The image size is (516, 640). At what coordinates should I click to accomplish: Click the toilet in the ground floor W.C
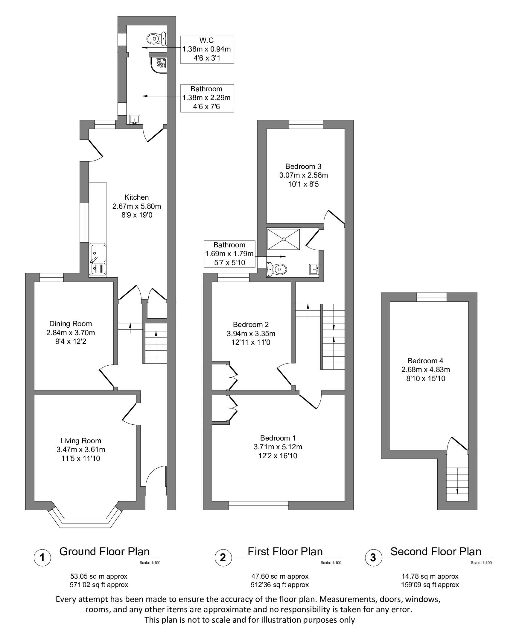(156, 39)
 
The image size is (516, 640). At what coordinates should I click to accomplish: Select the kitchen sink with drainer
(98, 259)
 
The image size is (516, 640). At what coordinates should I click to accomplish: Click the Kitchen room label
(136, 197)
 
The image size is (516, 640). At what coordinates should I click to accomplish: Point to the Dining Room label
(71, 324)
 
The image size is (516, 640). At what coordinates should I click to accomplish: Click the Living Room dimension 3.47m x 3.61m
(81, 450)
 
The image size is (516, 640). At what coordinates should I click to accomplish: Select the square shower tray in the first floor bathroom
(284, 239)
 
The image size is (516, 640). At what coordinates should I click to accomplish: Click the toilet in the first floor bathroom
(277, 269)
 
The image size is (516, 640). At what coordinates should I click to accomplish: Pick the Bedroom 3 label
(303, 167)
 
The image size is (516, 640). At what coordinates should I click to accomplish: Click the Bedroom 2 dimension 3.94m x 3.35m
(251, 334)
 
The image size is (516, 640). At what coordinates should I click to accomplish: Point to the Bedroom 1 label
(278, 438)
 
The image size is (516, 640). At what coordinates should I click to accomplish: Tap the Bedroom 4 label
(425, 361)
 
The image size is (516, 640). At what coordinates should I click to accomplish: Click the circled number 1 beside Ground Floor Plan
(42, 558)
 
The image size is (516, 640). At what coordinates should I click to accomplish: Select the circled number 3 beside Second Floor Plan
(373, 558)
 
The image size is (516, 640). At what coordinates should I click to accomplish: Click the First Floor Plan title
(285, 552)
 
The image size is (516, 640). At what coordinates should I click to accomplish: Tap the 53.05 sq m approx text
(99, 576)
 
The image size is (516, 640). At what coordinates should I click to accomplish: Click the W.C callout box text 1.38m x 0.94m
(207, 49)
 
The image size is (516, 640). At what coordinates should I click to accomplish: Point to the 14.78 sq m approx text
(430, 576)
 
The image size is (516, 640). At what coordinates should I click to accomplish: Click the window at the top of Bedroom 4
(432, 297)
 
